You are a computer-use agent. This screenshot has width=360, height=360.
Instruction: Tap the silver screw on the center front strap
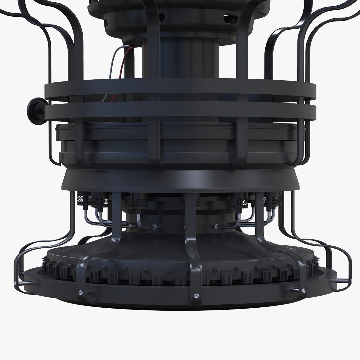pos(196,295)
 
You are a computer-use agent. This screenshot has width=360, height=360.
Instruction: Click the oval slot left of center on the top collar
pos(161,16)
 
